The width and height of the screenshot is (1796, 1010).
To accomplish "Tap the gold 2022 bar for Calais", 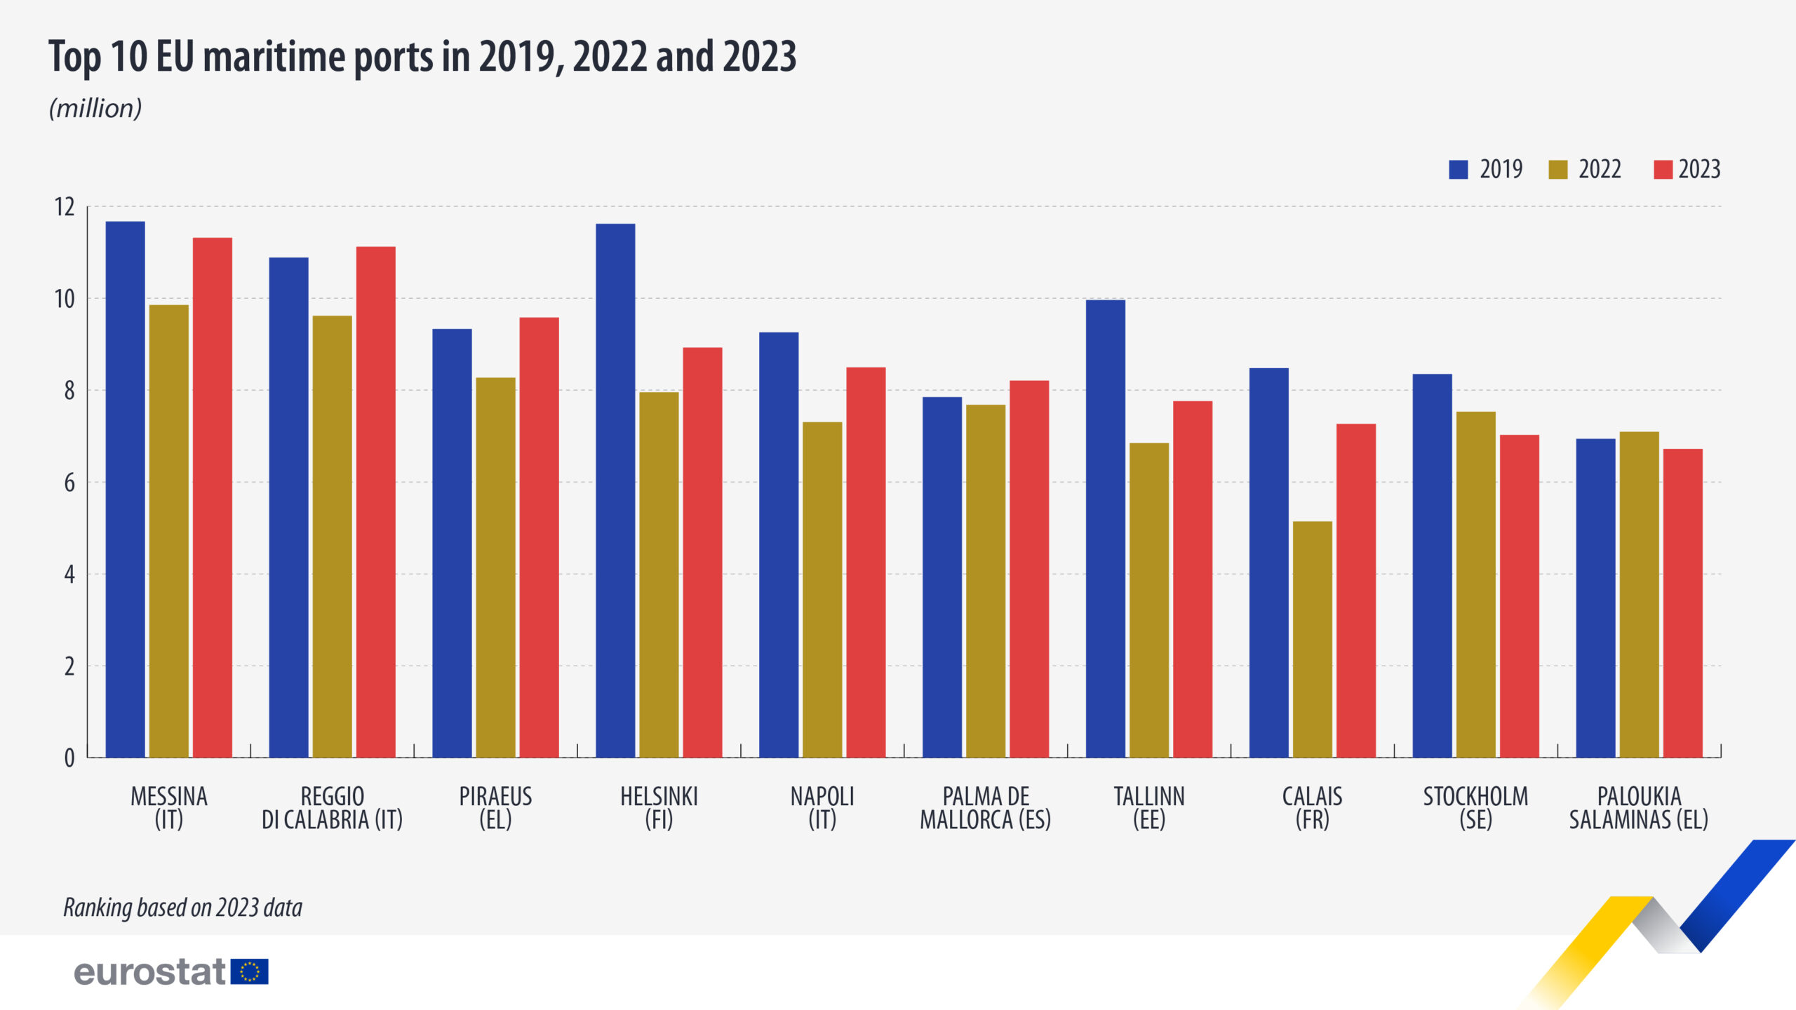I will coord(1312,639).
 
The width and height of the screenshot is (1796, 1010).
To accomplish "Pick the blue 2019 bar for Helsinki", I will coord(615,491).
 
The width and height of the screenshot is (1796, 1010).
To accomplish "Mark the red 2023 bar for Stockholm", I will coord(1519,596).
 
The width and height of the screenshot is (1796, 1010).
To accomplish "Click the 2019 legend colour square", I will coord(1459,170).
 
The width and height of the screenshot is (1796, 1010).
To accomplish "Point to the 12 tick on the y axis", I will coord(65,207).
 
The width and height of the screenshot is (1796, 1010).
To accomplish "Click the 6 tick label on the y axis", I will coord(69,483).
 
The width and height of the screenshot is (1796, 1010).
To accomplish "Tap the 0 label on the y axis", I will coord(69,758).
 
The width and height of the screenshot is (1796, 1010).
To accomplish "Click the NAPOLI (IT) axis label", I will coord(822,807).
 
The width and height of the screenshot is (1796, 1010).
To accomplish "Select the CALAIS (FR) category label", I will coord(1312,807).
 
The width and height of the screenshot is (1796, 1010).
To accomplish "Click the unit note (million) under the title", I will coord(95,109).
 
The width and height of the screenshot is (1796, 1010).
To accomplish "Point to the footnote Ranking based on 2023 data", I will coord(182,908).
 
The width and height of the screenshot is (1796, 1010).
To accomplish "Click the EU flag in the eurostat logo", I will coord(250,972).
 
